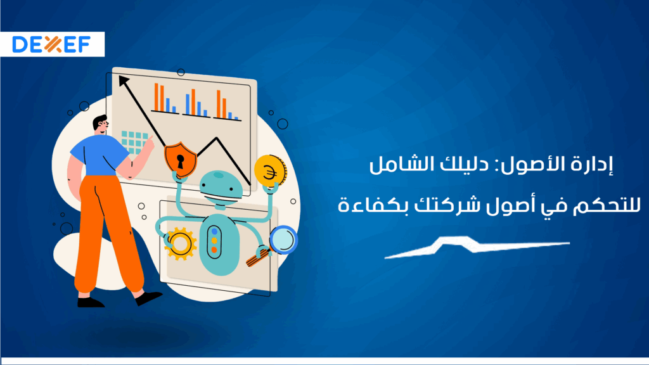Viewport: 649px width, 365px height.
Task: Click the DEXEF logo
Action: (x=51, y=44)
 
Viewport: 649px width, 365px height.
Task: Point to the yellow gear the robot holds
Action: (x=179, y=245)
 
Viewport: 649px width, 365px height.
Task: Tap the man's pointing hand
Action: (x=150, y=143)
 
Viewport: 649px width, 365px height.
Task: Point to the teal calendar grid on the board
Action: (x=132, y=141)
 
